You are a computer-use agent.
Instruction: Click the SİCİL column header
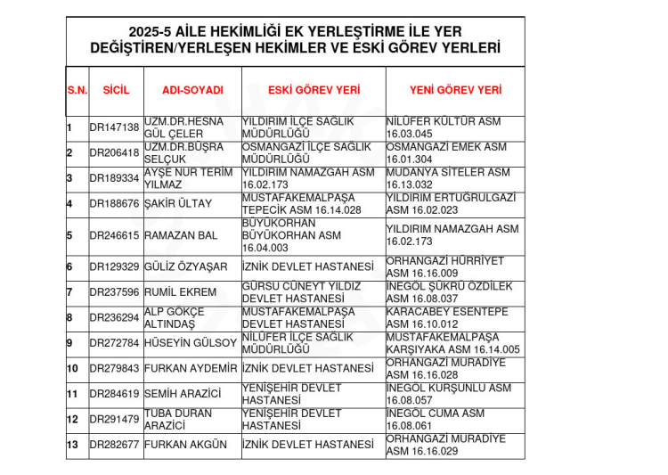click(116, 91)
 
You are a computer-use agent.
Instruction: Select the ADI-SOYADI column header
click(192, 91)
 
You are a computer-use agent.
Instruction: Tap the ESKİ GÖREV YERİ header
click(314, 91)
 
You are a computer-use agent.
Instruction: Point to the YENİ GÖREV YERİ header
click(455, 91)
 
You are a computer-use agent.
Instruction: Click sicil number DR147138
click(115, 127)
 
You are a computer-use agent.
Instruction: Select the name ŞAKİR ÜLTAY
click(178, 204)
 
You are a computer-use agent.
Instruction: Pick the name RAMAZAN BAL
click(180, 236)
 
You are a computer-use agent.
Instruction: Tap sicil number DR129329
click(115, 267)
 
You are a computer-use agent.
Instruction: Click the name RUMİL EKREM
click(180, 292)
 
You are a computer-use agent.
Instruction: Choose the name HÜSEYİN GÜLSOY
click(190, 343)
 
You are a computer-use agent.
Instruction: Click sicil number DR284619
click(115, 394)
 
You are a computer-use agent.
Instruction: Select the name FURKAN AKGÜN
click(185, 445)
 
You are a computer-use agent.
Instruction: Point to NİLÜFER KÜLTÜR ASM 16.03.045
click(443, 127)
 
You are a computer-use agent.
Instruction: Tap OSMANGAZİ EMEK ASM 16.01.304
click(446, 153)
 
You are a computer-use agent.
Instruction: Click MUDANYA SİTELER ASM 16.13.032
click(448, 178)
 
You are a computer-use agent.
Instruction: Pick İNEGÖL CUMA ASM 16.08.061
click(436, 420)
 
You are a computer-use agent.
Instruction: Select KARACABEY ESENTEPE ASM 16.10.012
click(447, 318)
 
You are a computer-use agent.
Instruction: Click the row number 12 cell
click(74, 420)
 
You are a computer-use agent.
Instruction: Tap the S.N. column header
click(77, 91)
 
